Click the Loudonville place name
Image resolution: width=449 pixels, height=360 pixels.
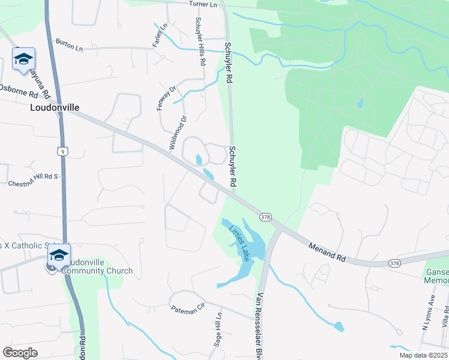[55, 108]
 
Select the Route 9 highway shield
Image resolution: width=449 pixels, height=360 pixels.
[63, 151]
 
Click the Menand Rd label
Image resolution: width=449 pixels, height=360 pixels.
[328, 251]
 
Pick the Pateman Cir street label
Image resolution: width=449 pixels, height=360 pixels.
[188, 306]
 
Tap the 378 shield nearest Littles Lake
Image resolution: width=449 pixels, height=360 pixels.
[265, 216]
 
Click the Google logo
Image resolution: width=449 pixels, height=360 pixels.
[20, 353]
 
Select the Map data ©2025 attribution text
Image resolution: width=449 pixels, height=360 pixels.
[423, 355]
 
